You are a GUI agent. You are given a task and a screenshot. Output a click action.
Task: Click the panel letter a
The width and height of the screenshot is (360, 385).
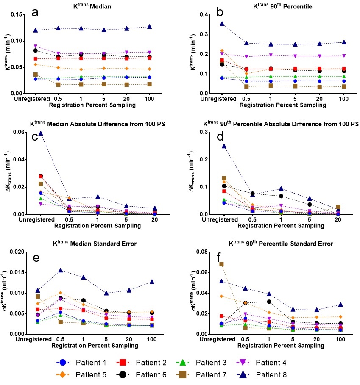click(x=37, y=12)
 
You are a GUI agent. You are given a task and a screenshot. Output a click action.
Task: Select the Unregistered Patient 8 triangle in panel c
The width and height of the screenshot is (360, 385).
click(x=40, y=133)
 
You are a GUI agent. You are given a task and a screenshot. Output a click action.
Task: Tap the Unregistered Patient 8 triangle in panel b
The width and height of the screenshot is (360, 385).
click(x=221, y=24)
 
